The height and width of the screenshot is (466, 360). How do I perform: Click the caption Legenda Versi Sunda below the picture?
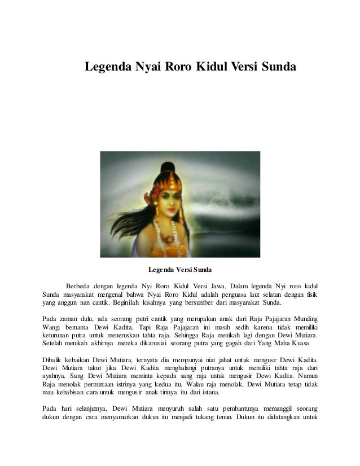[x=180, y=269]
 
